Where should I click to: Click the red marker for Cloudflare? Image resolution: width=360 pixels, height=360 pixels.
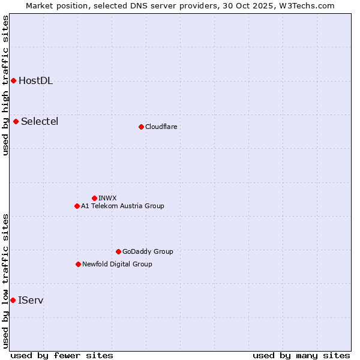141,127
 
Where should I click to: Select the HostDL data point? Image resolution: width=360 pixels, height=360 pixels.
13,80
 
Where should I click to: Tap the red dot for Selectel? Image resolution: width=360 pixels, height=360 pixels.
16,121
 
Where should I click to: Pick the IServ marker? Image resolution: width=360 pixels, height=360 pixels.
13,300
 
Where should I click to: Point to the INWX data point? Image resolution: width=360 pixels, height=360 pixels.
94,198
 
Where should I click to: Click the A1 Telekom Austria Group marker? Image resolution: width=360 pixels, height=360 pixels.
77,206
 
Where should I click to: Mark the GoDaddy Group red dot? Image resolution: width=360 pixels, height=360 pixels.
118,251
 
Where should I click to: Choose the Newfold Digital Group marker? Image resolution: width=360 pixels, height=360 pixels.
78,264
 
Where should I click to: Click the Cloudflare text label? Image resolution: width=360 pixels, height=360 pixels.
161,127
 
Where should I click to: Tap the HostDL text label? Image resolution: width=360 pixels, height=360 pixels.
35,81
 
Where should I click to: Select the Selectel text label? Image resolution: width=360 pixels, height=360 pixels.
40,122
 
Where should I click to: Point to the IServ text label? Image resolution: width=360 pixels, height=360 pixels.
31,300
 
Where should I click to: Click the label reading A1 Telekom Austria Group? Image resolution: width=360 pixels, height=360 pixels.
122,206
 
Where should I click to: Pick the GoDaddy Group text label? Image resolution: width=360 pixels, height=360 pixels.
147,251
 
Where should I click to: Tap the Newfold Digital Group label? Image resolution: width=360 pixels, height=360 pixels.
117,264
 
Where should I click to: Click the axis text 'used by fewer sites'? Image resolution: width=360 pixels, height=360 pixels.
62,355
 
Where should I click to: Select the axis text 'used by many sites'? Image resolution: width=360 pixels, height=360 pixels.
301,355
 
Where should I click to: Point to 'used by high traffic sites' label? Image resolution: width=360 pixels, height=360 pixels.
5,85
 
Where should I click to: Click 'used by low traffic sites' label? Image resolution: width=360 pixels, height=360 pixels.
5,281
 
